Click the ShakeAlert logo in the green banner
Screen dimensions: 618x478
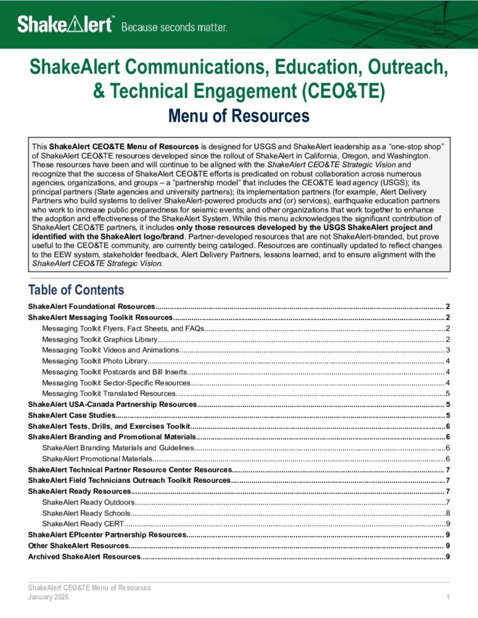click(65, 25)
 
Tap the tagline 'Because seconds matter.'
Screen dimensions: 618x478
click(175, 27)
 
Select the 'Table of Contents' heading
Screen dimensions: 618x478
click(76, 290)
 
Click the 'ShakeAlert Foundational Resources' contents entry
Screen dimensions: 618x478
click(92, 307)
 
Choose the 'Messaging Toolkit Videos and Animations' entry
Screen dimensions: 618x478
click(111, 350)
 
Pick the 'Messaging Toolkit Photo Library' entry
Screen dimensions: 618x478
click(94, 361)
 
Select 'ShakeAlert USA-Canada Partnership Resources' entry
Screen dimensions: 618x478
click(112, 404)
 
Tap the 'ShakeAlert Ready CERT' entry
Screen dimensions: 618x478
click(83, 523)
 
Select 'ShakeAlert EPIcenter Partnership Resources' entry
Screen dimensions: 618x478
click(106, 535)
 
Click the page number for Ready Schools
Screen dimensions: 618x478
click(447, 513)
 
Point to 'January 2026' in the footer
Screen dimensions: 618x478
click(48, 597)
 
